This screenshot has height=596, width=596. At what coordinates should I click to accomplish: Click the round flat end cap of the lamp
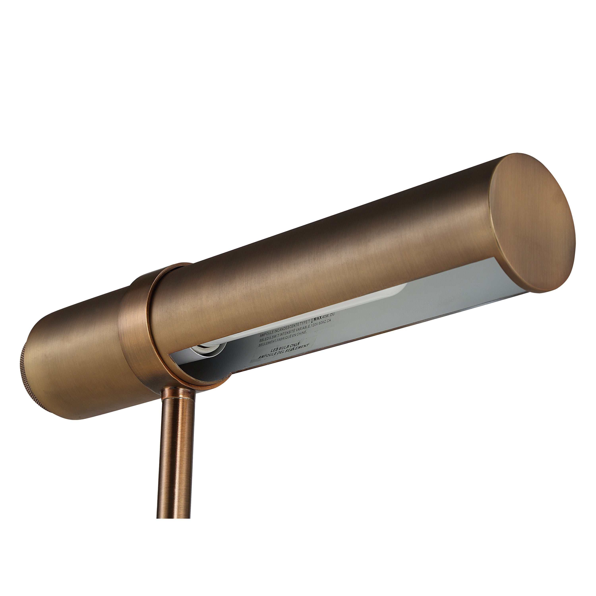(x=532, y=223)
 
